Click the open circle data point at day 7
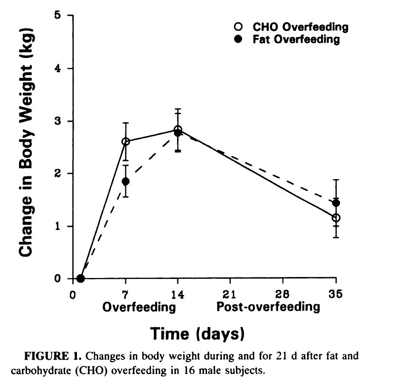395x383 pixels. pos(125,142)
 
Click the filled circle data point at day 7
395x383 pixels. pos(125,181)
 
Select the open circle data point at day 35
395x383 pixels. pos(336,218)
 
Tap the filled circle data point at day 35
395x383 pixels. pos(336,203)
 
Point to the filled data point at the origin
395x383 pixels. pos(81,278)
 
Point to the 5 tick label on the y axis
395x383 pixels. pos(57,16)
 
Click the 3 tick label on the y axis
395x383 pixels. pos(57,121)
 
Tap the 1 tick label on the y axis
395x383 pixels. pos(57,226)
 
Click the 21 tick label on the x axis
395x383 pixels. pos(230,293)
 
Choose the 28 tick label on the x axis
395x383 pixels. pos(283,293)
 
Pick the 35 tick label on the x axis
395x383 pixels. pos(336,293)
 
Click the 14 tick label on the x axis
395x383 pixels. pos(178,293)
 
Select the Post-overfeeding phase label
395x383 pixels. pos(268,306)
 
